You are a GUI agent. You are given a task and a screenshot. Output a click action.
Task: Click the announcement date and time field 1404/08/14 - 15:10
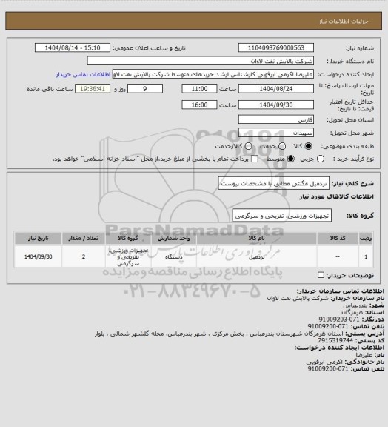[78, 47]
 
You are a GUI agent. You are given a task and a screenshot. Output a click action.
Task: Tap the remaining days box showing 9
[153, 88]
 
